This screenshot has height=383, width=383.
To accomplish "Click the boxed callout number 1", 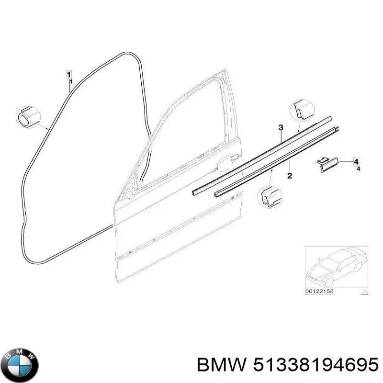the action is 69,75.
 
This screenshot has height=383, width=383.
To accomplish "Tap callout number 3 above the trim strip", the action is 281,127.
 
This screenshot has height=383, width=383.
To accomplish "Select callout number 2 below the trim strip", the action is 290,176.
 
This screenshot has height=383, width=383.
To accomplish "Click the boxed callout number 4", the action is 356,162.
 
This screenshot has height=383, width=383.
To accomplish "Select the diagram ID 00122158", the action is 319,291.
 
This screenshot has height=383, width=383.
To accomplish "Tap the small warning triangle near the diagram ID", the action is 364,292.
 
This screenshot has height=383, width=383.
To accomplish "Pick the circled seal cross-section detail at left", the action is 28,117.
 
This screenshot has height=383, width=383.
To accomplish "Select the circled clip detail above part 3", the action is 302,111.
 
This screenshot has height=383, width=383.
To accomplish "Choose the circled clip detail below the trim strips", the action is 270,197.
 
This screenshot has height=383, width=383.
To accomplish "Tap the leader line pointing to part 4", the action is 346,161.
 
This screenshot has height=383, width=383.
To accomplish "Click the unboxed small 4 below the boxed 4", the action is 358,169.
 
